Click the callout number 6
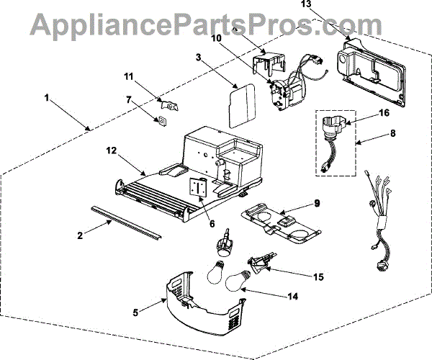212,223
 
